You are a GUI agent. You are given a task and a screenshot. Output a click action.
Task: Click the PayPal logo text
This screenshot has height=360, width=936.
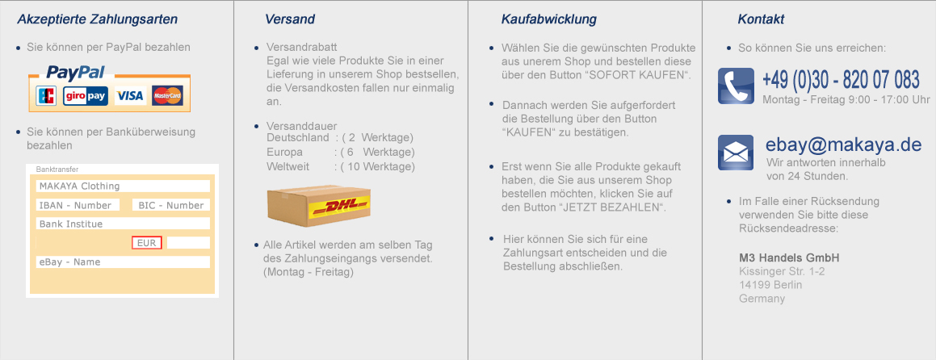76,72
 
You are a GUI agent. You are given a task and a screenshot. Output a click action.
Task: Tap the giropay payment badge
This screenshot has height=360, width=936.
86,95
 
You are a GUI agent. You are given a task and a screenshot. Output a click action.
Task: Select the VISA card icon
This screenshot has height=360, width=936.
129,95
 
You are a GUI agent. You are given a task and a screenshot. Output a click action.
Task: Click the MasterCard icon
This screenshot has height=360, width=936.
167,95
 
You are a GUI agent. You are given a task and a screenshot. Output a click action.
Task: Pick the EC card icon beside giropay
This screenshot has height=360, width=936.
47,95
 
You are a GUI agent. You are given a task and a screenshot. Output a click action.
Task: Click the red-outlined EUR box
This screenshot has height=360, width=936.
147,243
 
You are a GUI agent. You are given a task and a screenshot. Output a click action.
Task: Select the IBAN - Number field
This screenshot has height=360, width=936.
78,205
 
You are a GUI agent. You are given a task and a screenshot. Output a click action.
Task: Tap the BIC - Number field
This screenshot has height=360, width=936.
170,205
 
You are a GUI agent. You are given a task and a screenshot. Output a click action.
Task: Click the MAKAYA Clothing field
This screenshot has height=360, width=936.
123,186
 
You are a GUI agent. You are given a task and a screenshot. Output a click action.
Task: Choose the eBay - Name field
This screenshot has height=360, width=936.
123,262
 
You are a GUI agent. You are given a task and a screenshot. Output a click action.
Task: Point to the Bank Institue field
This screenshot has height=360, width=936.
123,224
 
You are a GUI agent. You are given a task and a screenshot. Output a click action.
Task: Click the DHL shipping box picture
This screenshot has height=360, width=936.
319,206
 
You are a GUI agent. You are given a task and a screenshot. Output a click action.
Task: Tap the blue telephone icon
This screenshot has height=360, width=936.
736,86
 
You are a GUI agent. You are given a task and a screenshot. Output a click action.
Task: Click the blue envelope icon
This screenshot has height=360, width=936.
736,153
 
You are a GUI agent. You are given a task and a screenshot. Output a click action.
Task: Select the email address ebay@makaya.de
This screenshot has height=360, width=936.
844,145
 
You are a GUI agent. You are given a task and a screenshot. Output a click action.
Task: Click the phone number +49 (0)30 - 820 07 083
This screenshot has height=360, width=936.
841,79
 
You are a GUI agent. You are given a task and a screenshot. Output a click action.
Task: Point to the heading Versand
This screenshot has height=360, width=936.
290,19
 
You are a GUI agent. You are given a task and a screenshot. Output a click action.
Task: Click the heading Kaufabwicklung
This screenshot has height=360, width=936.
549,19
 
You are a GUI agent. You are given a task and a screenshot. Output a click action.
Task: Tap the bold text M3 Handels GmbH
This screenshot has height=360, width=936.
789,258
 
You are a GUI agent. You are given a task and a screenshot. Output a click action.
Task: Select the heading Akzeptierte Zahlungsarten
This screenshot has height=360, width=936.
97,19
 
